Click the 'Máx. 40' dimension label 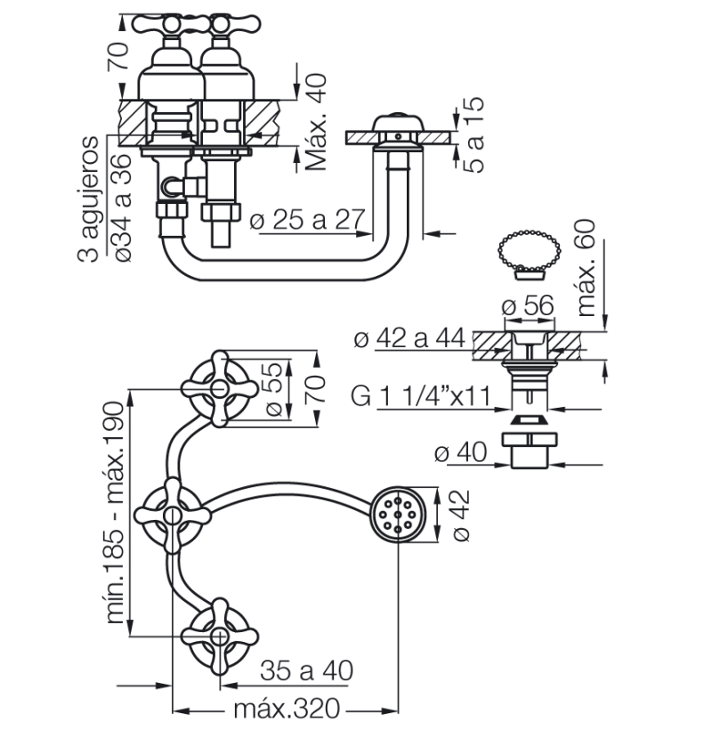(x=316, y=122)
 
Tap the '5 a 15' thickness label (x=473, y=134)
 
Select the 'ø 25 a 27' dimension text (x=307, y=220)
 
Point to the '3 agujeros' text (x=89, y=199)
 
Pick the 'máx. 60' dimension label (x=586, y=268)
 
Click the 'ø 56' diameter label (x=528, y=305)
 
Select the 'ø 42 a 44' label (x=409, y=338)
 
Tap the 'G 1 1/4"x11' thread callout (x=421, y=396)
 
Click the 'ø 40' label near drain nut (x=460, y=452)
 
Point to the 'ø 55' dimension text (x=274, y=389)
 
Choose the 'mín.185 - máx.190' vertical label (x=116, y=514)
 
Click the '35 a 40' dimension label (x=307, y=670)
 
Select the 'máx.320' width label (x=286, y=709)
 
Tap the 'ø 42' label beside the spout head (x=461, y=516)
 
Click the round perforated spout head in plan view (x=398, y=515)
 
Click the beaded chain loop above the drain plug (x=529, y=250)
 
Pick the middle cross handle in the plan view (x=172, y=516)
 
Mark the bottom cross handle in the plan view (x=220, y=637)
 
